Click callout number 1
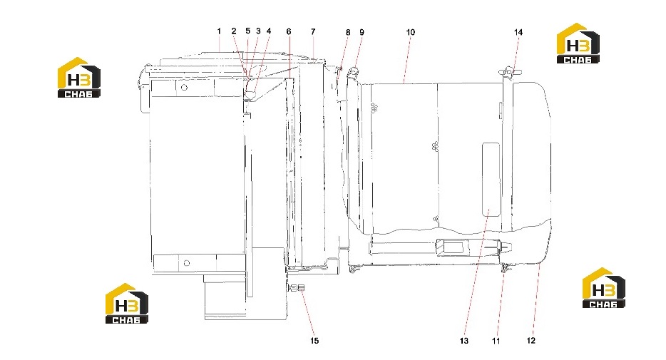pos(219,31)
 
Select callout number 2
pos(234,31)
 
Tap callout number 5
pos(248,31)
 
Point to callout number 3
pos(258,31)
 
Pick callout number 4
pos(269,31)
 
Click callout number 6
pos(289,31)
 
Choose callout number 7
pos(313,31)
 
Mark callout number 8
pos(348,32)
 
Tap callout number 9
pos(362,32)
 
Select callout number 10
pos(410,32)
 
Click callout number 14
pos(518,32)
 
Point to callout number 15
pos(314,341)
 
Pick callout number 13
pos(463,341)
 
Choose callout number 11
pos(496,341)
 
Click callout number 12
pos(531,341)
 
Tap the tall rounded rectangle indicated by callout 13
pos(491,180)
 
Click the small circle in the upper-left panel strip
pos(184,88)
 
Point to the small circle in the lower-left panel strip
pos(186,263)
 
